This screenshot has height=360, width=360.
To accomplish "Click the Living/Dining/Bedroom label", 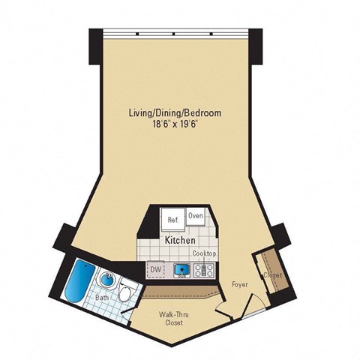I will pos(175,112).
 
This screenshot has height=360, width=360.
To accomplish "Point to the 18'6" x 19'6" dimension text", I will pos(175,124).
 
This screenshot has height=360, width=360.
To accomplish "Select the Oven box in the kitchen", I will pos(196,216).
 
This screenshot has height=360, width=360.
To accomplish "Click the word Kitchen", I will pos(180,240).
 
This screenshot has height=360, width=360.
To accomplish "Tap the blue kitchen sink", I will pos(180,269).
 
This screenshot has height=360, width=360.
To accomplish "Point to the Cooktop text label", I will pos(205,254).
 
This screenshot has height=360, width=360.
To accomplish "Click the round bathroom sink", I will pos(108,281).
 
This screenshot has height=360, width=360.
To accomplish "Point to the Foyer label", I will pos(239,284).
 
